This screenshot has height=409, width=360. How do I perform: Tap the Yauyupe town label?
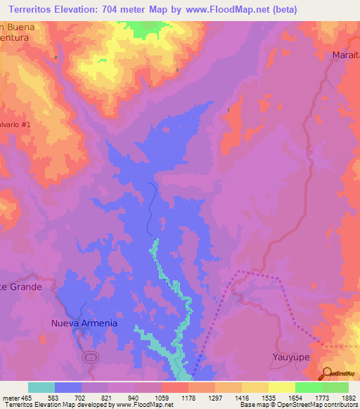tap(290, 357)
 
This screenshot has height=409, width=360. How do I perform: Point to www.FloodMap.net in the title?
tap(226, 9)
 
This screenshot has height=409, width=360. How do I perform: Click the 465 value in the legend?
tap(27, 398)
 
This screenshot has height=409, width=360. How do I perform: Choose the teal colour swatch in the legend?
tap(41, 387)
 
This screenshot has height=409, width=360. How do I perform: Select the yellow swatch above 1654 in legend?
tap(281, 387)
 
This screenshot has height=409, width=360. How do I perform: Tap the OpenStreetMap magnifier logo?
tap(327, 372)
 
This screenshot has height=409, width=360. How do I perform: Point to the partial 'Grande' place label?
tap(21, 287)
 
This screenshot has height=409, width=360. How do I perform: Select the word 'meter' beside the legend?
tap(10, 398)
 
